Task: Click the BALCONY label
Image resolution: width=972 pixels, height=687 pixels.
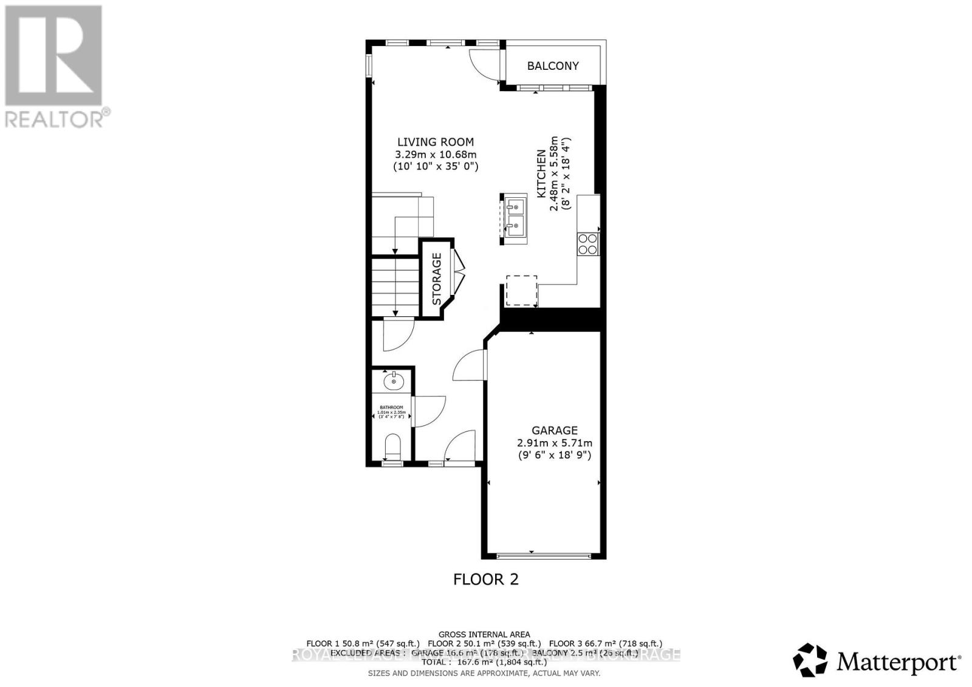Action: [553, 66]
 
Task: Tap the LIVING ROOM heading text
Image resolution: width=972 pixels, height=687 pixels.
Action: [436, 142]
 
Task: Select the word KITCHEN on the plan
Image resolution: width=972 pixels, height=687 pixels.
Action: [541, 174]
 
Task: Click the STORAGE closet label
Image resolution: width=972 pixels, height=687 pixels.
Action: [437, 279]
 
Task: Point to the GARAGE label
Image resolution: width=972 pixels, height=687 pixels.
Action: [554, 430]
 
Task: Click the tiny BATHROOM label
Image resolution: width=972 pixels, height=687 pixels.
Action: [391, 407]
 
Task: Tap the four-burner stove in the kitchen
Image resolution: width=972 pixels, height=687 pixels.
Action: [587, 243]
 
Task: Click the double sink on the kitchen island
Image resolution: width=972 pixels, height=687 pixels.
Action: [515, 217]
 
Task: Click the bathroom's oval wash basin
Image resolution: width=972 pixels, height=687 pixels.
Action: [394, 381]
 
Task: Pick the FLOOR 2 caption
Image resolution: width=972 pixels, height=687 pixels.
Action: [486, 579]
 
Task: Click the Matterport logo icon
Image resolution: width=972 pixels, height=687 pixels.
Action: [810, 660]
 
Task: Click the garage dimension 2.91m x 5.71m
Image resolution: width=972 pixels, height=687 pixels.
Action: [554, 443]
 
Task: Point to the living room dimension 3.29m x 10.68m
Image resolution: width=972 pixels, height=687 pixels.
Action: [436, 154]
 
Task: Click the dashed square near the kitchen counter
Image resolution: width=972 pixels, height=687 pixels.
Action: [522, 291]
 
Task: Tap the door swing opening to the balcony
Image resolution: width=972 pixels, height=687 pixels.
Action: [484, 63]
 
